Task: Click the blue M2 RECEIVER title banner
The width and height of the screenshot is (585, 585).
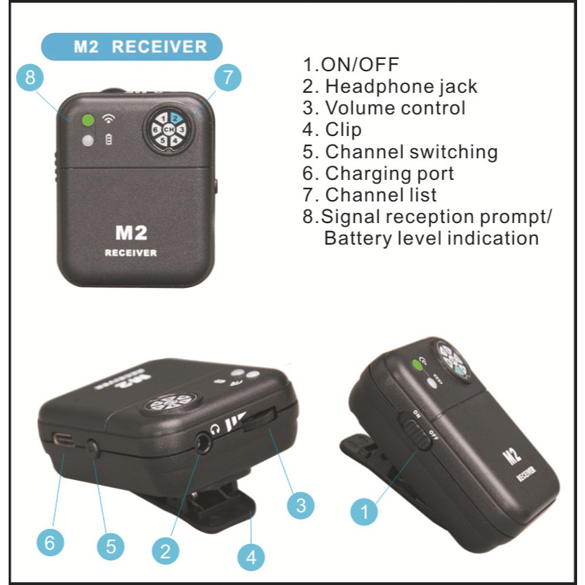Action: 131,47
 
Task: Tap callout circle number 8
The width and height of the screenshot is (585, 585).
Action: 30,78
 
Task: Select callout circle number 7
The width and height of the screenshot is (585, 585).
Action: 227,78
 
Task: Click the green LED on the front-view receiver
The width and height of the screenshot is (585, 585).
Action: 89,121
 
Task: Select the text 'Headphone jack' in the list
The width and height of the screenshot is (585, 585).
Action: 400,86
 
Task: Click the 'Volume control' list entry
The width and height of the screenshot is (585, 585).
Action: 394,108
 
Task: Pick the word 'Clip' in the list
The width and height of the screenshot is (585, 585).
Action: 343,130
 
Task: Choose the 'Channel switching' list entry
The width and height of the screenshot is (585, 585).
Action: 410,152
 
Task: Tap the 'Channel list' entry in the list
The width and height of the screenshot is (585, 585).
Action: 381,195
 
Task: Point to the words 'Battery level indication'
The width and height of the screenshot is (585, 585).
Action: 431,238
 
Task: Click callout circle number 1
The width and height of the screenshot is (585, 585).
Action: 366,513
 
